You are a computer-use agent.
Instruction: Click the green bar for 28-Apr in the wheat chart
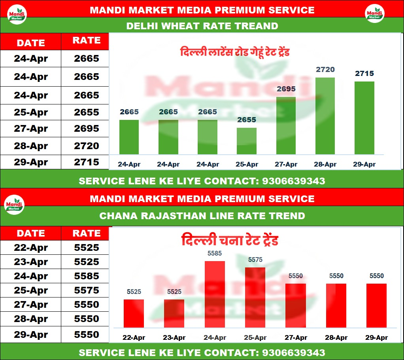coord(325,116)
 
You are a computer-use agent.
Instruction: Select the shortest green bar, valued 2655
coord(247,141)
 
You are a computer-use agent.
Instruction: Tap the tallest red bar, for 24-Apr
coord(215,294)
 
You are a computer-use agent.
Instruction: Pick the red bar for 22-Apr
coord(134,313)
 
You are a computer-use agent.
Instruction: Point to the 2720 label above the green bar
coord(325,70)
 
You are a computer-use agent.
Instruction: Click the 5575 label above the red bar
coord(255,260)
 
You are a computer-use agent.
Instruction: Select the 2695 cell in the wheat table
coord(87,129)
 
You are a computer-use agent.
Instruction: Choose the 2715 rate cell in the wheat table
coord(87,162)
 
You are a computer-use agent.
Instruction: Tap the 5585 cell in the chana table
coord(87,276)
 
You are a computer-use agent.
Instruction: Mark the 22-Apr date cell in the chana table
coord(31,248)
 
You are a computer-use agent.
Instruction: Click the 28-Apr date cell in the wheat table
coord(31,146)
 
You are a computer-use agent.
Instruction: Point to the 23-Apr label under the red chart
coord(174,337)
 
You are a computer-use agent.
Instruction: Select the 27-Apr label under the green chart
coord(286,164)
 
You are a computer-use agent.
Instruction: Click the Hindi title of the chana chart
coord(230,240)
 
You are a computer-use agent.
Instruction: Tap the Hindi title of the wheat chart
coord(235,52)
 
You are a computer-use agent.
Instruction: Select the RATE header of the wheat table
coord(87,40)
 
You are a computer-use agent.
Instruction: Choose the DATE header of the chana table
coord(31,233)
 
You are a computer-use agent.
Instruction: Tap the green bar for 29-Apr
coord(364,118)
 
